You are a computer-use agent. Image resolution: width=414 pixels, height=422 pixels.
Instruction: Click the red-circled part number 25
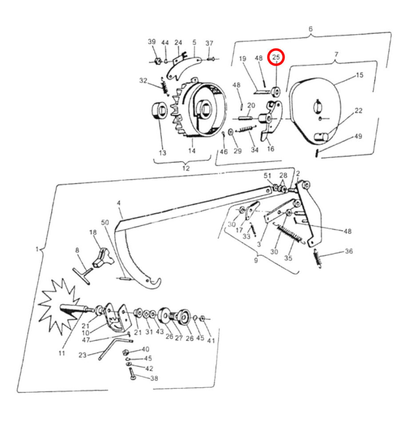276,57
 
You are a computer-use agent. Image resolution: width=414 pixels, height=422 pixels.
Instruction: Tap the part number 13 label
162,153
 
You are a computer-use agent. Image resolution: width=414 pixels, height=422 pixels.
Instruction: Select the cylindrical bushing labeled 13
159,111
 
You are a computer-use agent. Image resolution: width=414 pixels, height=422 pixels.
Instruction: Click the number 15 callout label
360,75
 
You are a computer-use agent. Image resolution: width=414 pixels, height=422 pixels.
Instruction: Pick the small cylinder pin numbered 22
322,137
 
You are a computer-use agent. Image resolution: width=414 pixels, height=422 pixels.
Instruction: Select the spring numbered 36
317,259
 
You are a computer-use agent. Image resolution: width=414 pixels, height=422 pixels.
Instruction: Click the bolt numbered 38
131,374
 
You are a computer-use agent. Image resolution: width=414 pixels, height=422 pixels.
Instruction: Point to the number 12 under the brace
186,168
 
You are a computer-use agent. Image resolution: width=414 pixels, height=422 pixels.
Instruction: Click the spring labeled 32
164,86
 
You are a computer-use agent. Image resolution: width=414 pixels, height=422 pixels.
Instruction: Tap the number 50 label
105,223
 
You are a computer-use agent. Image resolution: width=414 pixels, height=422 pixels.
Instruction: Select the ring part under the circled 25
275,92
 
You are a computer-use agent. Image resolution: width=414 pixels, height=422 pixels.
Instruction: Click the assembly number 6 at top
310,29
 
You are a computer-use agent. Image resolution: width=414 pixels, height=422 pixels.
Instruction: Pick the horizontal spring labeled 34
246,129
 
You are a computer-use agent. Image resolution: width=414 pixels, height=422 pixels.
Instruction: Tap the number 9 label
256,260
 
